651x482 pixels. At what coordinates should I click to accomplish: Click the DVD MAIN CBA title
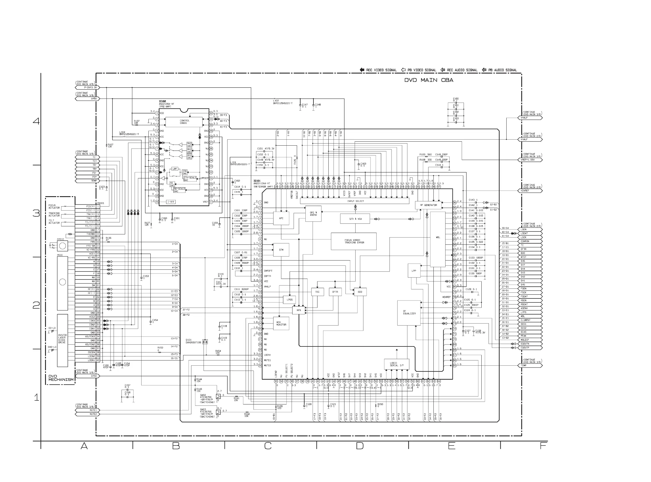click(428, 80)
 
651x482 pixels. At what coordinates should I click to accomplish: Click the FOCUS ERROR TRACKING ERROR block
click(354, 241)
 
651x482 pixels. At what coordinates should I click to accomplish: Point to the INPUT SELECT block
click(355, 201)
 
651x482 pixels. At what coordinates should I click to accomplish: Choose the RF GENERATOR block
click(428, 205)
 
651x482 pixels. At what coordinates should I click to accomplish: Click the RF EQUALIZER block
click(409, 313)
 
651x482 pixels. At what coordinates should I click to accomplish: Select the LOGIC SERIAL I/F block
click(396, 364)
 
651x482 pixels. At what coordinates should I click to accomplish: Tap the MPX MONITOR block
click(281, 323)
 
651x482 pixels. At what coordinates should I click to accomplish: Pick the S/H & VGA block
click(355, 219)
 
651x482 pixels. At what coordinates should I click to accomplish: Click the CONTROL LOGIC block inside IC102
click(184, 122)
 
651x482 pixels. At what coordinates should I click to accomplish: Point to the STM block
click(281, 250)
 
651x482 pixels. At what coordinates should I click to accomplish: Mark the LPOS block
click(290, 300)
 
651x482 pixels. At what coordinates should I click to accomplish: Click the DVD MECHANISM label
click(61, 378)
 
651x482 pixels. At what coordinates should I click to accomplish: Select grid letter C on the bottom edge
click(268, 446)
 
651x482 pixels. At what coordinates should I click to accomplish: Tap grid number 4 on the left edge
click(36, 121)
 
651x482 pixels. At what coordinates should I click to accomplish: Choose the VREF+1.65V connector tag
click(530, 160)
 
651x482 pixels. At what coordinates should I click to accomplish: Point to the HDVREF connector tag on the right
click(530, 191)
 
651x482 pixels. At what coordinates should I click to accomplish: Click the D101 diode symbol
click(205, 341)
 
